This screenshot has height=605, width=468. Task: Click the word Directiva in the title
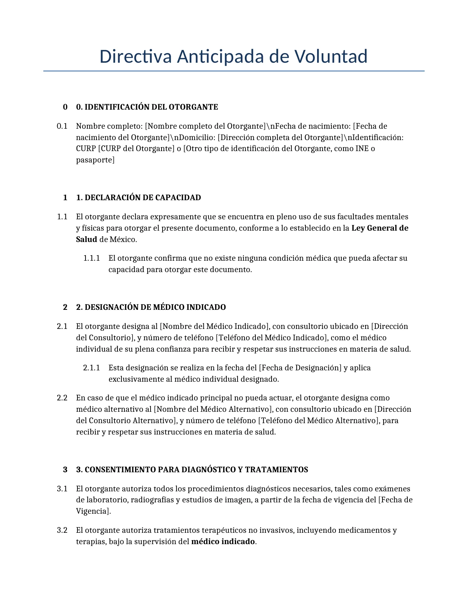click(x=135, y=56)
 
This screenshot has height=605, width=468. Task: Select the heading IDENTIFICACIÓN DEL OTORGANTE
click(x=151, y=107)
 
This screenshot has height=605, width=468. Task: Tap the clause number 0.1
click(x=62, y=126)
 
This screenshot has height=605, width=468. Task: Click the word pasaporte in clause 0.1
click(x=95, y=160)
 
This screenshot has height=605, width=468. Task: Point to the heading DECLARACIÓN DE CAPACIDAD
click(x=143, y=198)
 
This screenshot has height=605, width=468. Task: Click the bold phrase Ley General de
click(x=380, y=228)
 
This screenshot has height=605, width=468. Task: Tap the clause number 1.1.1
click(x=91, y=258)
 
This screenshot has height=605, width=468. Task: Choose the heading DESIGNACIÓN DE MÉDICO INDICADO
click(x=155, y=307)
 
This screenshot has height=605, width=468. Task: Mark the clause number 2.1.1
click(x=91, y=368)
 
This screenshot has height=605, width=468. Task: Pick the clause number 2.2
click(x=62, y=398)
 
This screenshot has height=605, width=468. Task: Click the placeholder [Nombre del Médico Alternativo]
click(x=213, y=409)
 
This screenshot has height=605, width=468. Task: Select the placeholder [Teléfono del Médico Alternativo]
click(x=319, y=421)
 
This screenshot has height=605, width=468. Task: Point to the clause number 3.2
click(x=62, y=530)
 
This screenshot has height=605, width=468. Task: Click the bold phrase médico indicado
click(x=223, y=542)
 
